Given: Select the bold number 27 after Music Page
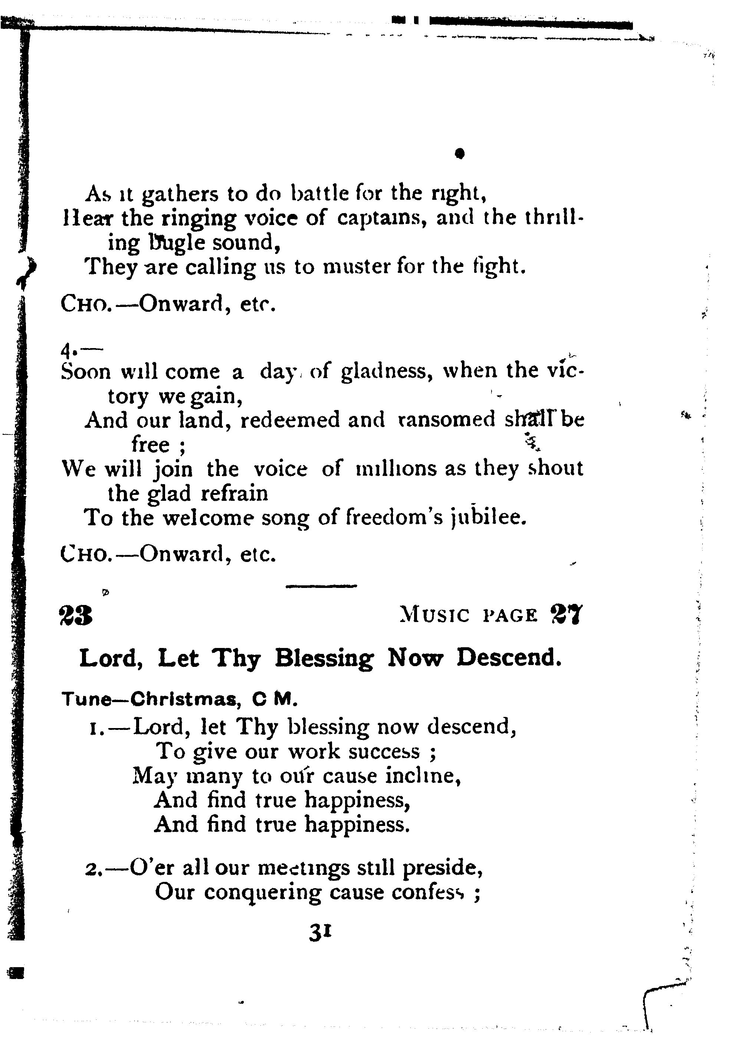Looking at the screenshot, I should point(565,615).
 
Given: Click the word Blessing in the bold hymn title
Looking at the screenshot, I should point(324,659).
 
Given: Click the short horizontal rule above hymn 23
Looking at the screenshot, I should point(321,586).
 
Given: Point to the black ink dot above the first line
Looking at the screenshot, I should point(460,153).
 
